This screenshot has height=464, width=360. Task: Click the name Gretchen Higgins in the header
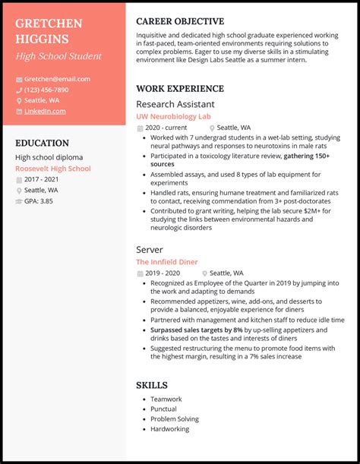(49, 30)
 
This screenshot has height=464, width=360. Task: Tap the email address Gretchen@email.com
(57, 79)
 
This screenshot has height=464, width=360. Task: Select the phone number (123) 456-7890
(46, 90)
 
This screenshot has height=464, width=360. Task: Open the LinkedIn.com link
(45, 111)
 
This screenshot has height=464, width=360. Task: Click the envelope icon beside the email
(19, 79)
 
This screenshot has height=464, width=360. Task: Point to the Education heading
(42, 143)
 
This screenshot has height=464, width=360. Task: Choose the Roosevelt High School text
(52, 169)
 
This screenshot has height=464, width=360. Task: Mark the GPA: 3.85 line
(39, 201)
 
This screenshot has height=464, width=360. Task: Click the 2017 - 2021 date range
(42, 179)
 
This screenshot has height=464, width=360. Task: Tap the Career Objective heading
(180, 21)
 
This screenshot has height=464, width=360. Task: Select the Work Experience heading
(179, 88)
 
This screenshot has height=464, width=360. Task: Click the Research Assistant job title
(175, 104)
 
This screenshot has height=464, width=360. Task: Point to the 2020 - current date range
(166, 128)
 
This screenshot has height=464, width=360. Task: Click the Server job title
(150, 249)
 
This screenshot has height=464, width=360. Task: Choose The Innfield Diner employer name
(166, 262)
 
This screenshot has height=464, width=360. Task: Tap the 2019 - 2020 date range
(163, 273)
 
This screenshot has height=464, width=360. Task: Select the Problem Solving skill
(175, 419)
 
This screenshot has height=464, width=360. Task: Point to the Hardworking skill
(170, 429)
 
